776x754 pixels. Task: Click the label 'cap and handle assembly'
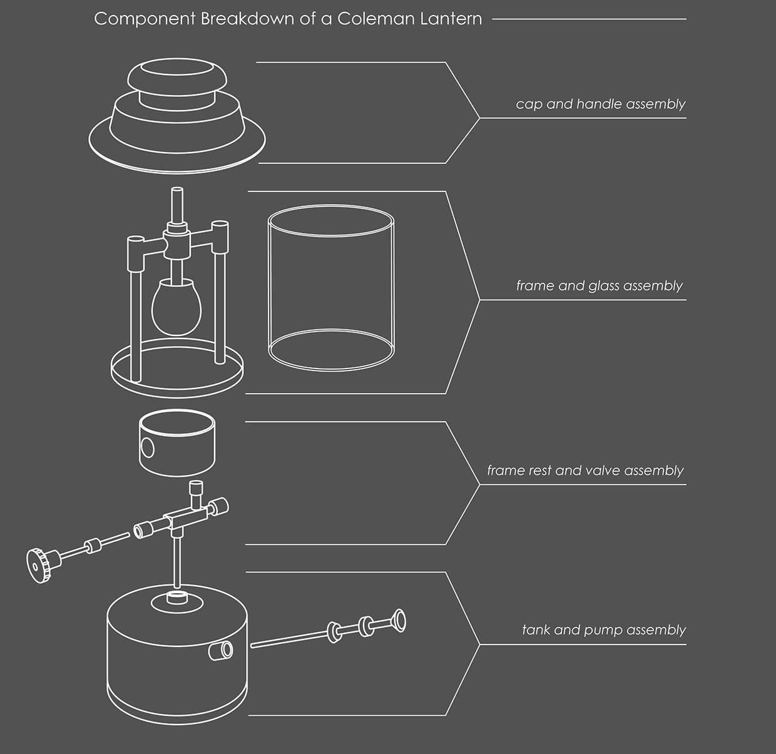click(x=600, y=104)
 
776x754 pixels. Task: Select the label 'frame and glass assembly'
click(x=599, y=286)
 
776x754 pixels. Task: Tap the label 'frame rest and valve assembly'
click(x=585, y=471)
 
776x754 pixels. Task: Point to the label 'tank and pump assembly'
click(x=603, y=630)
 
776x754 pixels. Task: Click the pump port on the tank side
click(x=222, y=651)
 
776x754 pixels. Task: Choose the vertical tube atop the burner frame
click(x=178, y=203)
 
